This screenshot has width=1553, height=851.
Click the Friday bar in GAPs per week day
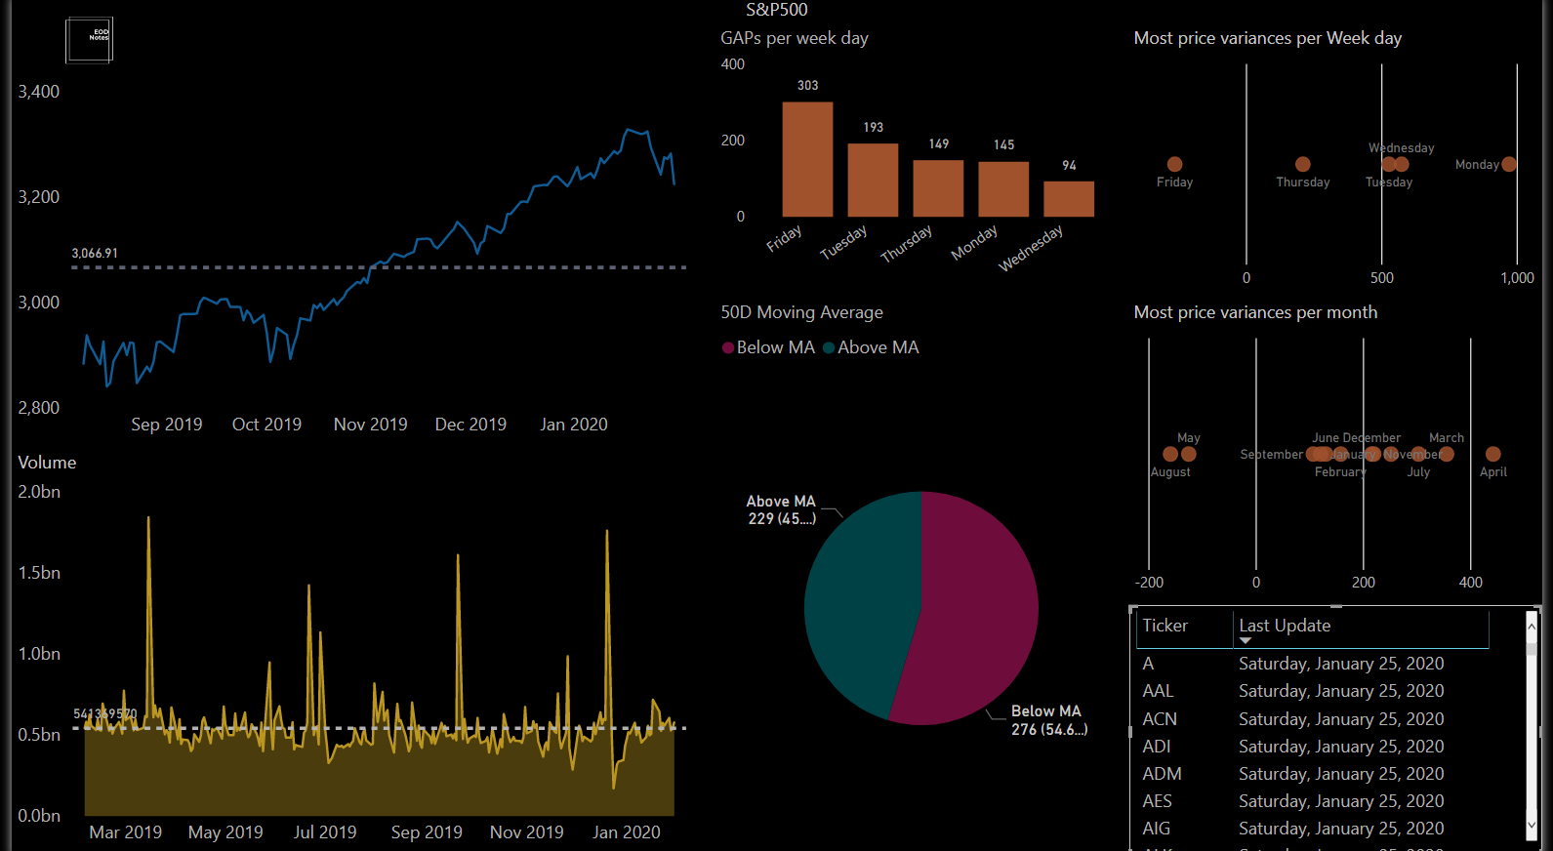coord(807,159)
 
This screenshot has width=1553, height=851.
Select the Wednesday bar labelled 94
coord(1069,199)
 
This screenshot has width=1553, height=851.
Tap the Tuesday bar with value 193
coord(873,181)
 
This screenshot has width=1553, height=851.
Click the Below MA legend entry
coord(768,347)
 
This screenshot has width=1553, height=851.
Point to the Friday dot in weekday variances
coord(1174,164)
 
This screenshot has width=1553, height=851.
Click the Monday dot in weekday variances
coord(1509,164)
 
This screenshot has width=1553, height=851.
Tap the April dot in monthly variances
coord(1492,454)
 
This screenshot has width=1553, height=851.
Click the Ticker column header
coord(1165,626)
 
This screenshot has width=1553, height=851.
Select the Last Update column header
coord(1285,626)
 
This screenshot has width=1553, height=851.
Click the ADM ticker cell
coord(1162,774)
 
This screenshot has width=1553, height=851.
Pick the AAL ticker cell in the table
coord(1158,691)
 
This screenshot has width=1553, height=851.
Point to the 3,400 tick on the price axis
coord(39,92)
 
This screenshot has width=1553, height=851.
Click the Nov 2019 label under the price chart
coord(370,425)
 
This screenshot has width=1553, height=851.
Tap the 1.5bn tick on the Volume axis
coord(39,573)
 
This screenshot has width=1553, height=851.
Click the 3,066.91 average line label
coord(95,253)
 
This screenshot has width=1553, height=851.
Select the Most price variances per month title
coord(1255,312)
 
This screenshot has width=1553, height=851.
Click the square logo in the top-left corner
coord(89,40)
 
